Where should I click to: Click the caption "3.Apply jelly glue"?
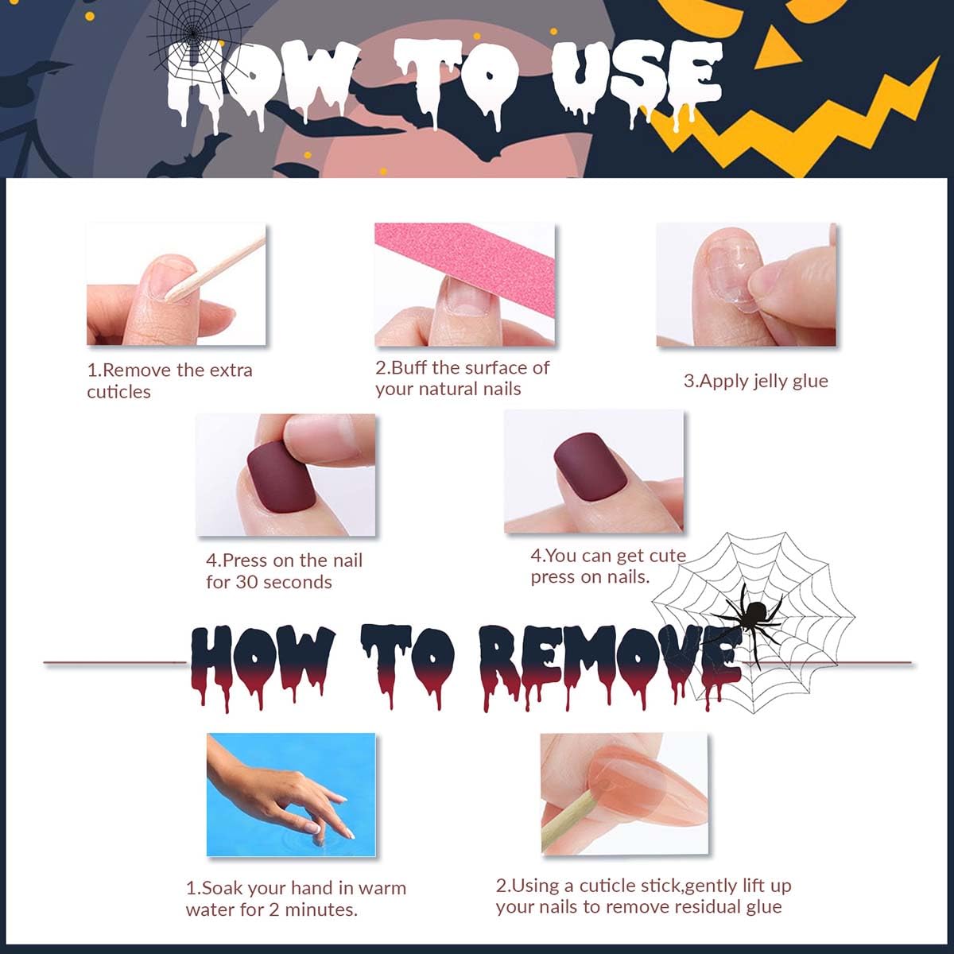(755, 382)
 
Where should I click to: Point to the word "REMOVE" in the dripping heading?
(610, 666)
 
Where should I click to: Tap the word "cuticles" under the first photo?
(118, 392)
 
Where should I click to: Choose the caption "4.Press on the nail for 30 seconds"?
(284, 572)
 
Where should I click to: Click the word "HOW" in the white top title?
(263, 84)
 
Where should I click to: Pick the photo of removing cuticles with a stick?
(176, 284)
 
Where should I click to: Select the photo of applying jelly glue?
(746, 285)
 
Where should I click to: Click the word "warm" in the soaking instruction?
(382, 888)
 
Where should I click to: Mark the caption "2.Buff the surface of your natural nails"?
(463, 378)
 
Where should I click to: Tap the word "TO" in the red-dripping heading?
(407, 666)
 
